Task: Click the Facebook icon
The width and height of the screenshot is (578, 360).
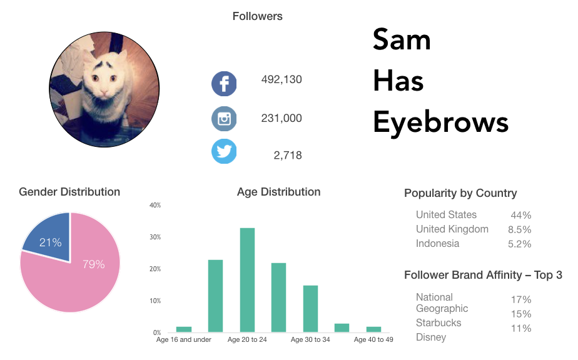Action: click(224, 84)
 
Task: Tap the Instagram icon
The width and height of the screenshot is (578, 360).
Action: click(224, 118)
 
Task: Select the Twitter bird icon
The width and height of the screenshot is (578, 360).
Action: click(224, 151)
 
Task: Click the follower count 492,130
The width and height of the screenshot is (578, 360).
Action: click(281, 79)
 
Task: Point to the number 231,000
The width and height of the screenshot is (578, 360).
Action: click(281, 118)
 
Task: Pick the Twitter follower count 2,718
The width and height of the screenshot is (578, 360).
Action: click(287, 156)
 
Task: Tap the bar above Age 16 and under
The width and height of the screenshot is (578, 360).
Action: click(184, 329)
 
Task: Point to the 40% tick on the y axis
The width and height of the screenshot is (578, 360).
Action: click(155, 205)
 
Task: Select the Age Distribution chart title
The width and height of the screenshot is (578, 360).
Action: click(278, 192)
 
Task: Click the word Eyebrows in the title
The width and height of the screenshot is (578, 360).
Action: click(440, 122)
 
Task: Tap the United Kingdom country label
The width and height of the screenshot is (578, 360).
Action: click(452, 229)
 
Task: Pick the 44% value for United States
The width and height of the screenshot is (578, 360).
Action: click(520, 215)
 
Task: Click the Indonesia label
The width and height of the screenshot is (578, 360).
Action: click(437, 243)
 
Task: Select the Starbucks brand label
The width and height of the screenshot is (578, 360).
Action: click(439, 322)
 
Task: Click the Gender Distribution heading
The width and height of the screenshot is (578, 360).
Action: click(69, 192)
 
